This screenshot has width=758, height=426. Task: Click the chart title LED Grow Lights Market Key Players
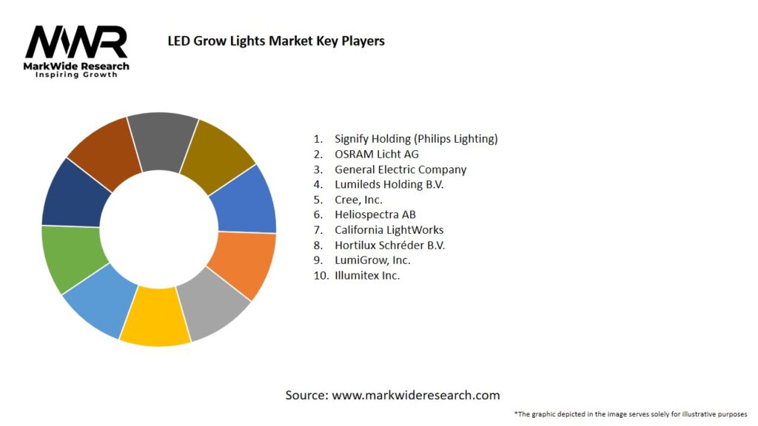(x=276, y=41)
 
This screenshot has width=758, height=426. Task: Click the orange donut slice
(x=243, y=263)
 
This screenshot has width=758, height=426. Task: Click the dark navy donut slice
(x=73, y=195)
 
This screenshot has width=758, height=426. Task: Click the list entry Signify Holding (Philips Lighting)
(x=416, y=138)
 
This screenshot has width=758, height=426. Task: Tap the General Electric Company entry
(x=400, y=169)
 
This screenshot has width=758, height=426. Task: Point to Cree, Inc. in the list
(x=358, y=200)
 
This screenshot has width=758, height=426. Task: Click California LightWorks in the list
(x=389, y=230)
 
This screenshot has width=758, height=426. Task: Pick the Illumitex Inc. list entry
(x=367, y=275)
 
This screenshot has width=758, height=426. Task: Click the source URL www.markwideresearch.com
(x=415, y=395)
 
